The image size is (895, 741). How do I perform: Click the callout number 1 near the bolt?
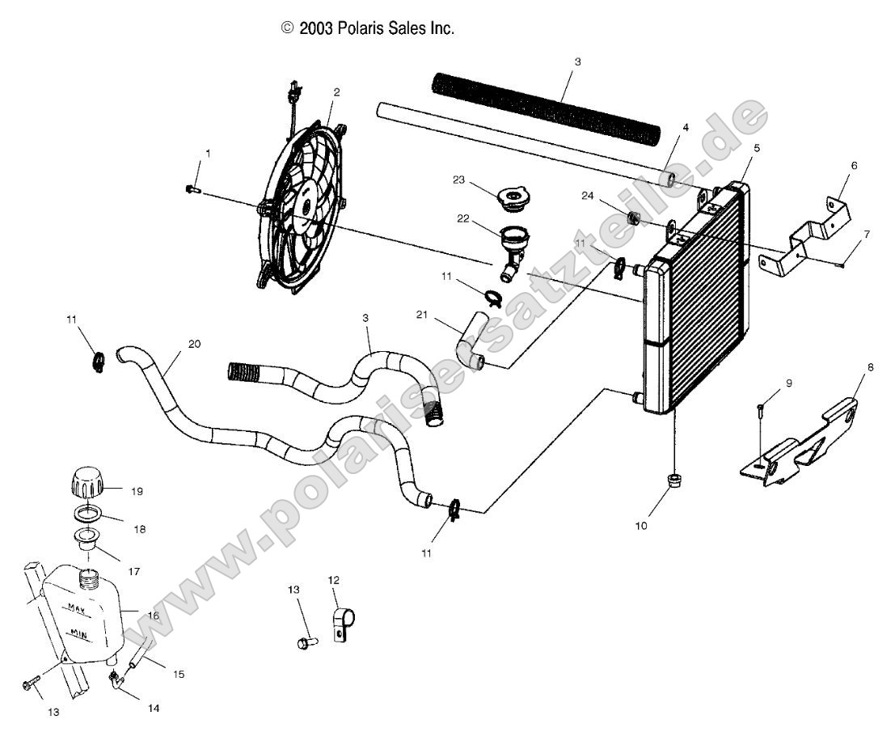pyautogui.click(x=208, y=153)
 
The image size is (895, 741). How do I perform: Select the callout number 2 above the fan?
pyautogui.click(x=336, y=92)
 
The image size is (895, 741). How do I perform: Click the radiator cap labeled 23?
pyautogui.click(x=513, y=197)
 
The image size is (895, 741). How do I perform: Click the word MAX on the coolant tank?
pyautogui.click(x=78, y=607)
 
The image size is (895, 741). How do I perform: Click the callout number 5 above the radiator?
pyautogui.click(x=758, y=148)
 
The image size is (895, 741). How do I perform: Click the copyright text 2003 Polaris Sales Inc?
pyautogui.click(x=368, y=28)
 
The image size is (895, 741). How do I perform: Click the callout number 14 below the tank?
pyautogui.click(x=154, y=708)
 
